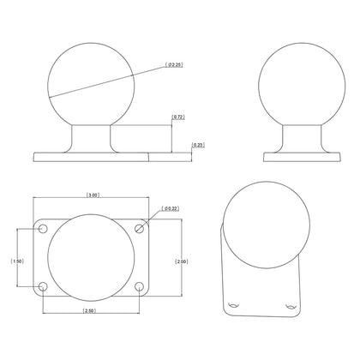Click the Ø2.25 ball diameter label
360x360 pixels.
pos(174,67)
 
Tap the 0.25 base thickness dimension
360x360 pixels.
pos(198,145)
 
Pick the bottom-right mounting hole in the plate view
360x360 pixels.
pos(141,287)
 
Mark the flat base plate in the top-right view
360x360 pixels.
pos(297,156)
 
